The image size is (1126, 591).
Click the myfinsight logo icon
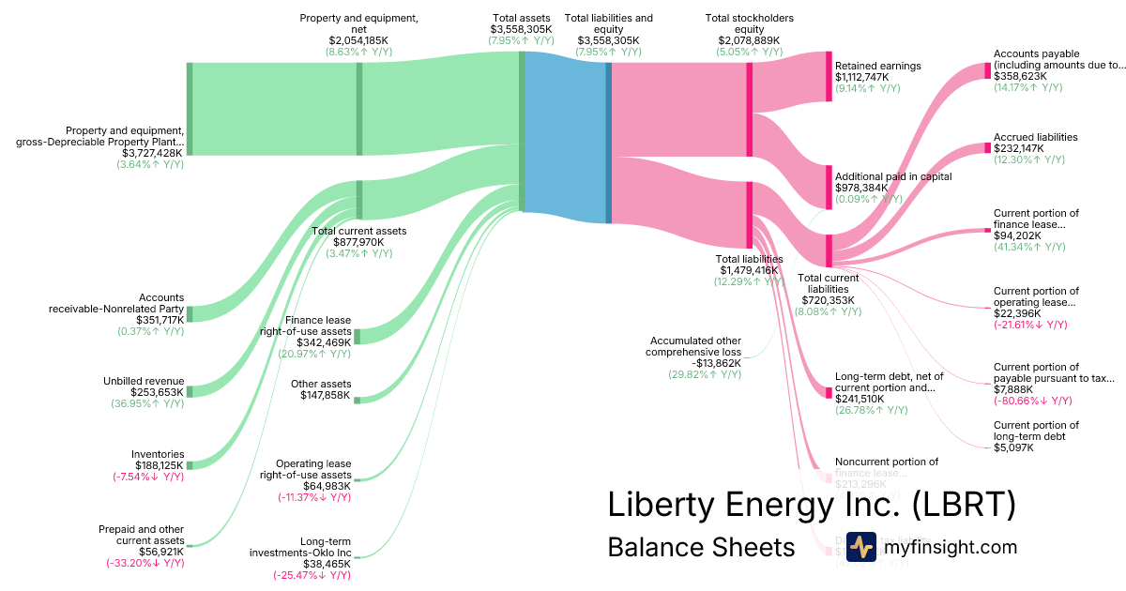(x=861, y=547)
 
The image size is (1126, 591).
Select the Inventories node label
(x=158, y=454)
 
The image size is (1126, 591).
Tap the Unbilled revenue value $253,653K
(x=152, y=392)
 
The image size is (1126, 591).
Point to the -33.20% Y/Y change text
(x=145, y=563)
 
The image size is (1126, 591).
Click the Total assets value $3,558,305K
(x=522, y=29)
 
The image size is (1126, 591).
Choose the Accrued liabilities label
(x=1035, y=137)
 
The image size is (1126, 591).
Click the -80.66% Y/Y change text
(x=1032, y=401)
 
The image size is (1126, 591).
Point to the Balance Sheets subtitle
(x=701, y=547)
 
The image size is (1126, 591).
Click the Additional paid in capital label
(x=893, y=176)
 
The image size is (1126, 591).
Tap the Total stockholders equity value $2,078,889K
(x=749, y=40)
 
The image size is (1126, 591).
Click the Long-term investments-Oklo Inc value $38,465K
(x=325, y=564)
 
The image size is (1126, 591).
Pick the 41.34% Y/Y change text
(x=1029, y=247)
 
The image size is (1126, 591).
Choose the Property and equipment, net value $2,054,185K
(x=358, y=40)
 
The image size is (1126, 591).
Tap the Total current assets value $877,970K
(x=358, y=242)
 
